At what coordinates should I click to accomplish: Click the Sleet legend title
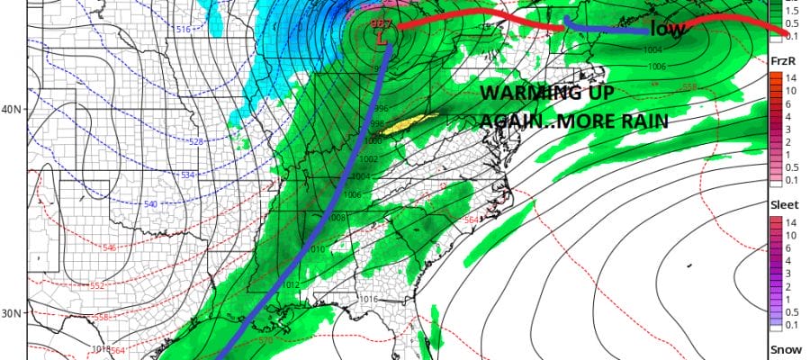(783, 204)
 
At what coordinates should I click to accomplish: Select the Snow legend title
(782, 348)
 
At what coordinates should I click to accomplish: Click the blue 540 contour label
(150, 205)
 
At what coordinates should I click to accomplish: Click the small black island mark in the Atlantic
(688, 265)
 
